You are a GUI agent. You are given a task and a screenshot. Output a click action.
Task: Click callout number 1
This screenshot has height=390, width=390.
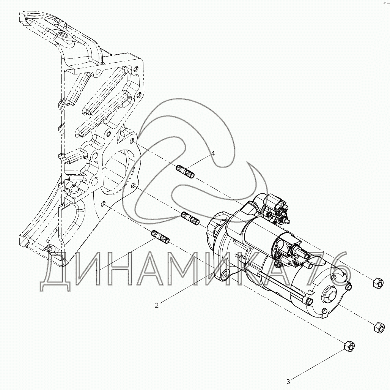[97, 272]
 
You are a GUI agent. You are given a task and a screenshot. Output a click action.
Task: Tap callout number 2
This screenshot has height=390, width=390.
[157, 305]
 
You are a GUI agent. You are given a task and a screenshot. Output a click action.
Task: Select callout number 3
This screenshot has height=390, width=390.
[288, 381]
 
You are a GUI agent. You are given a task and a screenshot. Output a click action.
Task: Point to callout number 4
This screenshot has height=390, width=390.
[213, 153]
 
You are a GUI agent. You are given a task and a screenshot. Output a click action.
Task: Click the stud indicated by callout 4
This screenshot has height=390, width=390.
[186, 171]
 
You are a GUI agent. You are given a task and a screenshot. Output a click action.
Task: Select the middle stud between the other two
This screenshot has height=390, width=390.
[190, 218]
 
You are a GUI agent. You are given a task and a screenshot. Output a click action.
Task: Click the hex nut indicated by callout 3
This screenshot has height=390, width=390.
[349, 346]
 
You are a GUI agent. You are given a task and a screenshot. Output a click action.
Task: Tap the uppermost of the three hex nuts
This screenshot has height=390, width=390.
[377, 283]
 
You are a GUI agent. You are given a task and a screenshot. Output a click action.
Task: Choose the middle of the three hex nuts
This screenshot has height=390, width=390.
[378, 327]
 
